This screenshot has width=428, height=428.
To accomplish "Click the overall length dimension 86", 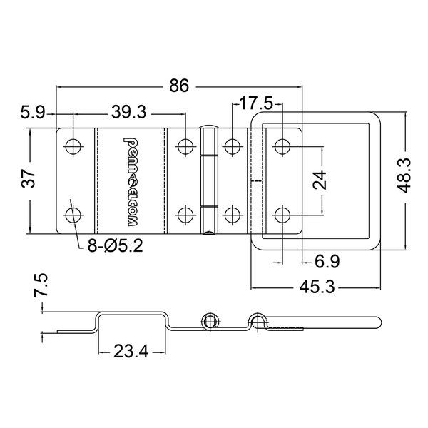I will click(x=179, y=86).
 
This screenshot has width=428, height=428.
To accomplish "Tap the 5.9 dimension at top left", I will click(x=34, y=112).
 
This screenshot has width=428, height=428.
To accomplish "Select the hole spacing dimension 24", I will click(x=320, y=180).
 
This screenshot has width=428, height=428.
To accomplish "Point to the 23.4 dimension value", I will click(x=129, y=351).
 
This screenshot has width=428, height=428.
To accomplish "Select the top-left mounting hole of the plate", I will click(x=73, y=146).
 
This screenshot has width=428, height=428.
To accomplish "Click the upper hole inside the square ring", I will click(x=282, y=146).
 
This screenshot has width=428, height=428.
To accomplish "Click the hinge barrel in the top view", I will click(x=208, y=180).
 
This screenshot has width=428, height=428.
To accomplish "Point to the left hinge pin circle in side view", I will click(x=208, y=321).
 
